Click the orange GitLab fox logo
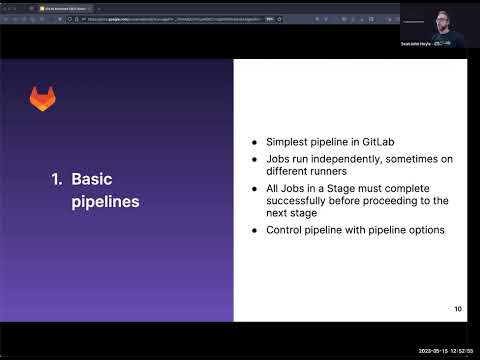[x=42, y=98]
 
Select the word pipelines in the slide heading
[x=105, y=202]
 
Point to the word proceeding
[x=389, y=201]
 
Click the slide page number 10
[x=457, y=309]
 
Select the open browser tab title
[x=65, y=6]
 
